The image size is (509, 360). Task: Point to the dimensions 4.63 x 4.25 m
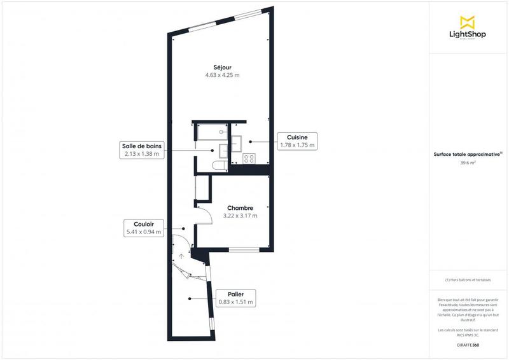[x=222, y=75]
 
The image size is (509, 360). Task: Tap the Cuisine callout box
[x=297, y=141]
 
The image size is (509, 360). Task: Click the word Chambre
[x=240, y=207]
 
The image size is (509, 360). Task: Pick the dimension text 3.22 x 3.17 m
[x=240, y=216]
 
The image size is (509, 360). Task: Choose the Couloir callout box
[x=144, y=228]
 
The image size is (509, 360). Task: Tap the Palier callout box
[x=235, y=298]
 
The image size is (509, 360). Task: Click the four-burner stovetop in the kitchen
[x=249, y=159]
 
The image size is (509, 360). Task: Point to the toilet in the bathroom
[x=220, y=166]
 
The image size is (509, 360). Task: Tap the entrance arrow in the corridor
[x=182, y=256]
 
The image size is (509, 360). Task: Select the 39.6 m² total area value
[x=468, y=163]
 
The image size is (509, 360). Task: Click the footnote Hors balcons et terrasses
[x=468, y=280]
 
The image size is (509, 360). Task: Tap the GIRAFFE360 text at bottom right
[x=468, y=345]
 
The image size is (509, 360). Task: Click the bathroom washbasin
[x=223, y=150]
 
